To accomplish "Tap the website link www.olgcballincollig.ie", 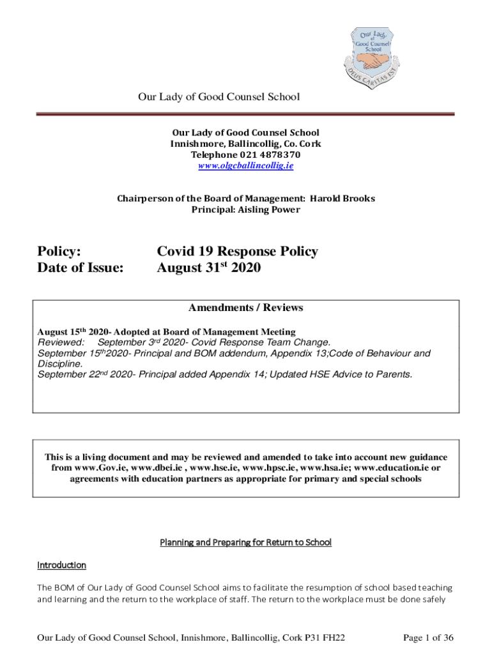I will click(x=245, y=166).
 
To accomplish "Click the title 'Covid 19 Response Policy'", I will click(x=237, y=252).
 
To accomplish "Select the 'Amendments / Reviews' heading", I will click(x=245, y=308).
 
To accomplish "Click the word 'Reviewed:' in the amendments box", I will click(x=61, y=342).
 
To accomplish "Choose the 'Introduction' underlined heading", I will click(x=61, y=565).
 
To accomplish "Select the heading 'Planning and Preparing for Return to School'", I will click(x=245, y=542).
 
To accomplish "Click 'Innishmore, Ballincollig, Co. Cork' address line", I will click(x=245, y=144).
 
